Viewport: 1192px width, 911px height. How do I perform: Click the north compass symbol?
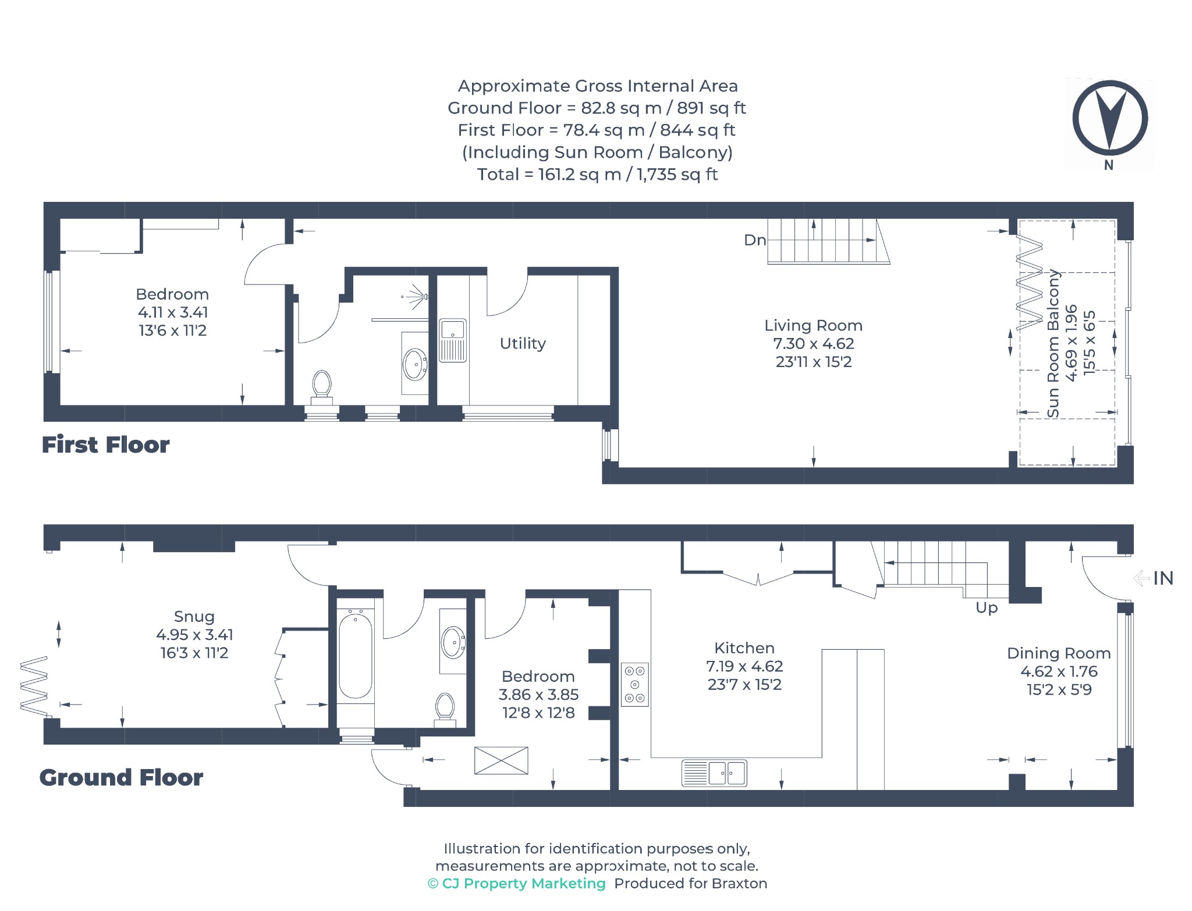pyautogui.click(x=1110, y=119)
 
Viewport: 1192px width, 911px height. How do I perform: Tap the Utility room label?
pyautogui.click(x=523, y=343)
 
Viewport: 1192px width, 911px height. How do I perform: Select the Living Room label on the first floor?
pyautogui.click(x=813, y=325)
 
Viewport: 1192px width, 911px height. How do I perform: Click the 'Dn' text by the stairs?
pyautogui.click(x=755, y=240)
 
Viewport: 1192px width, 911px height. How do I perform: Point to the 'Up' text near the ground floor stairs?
pyautogui.click(x=987, y=608)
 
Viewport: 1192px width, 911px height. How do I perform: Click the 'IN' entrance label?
pyautogui.click(x=1163, y=578)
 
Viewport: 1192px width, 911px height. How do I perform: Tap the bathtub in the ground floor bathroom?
pyautogui.click(x=355, y=655)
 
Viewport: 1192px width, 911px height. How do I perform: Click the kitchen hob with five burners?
pyautogui.click(x=635, y=684)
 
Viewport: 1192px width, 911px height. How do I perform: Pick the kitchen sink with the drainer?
pyautogui.click(x=714, y=773)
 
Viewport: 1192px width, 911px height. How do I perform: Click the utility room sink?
pyautogui.click(x=452, y=340)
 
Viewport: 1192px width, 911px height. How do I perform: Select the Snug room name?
pyautogui.click(x=194, y=616)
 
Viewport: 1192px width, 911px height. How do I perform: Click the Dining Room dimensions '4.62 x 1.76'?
pyautogui.click(x=1059, y=671)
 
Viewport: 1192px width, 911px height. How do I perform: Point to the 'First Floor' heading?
pyautogui.click(x=105, y=444)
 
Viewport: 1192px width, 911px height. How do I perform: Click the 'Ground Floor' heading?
pyautogui.click(x=121, y=777)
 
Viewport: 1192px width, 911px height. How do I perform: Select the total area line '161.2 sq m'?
pyautogui.click(x=597, y=174)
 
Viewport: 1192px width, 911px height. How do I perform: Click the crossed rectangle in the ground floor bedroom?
pyautogui.click(x=501, y=760)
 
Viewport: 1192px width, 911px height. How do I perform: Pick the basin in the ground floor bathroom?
pyautogui.click(x=453, y=642)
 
